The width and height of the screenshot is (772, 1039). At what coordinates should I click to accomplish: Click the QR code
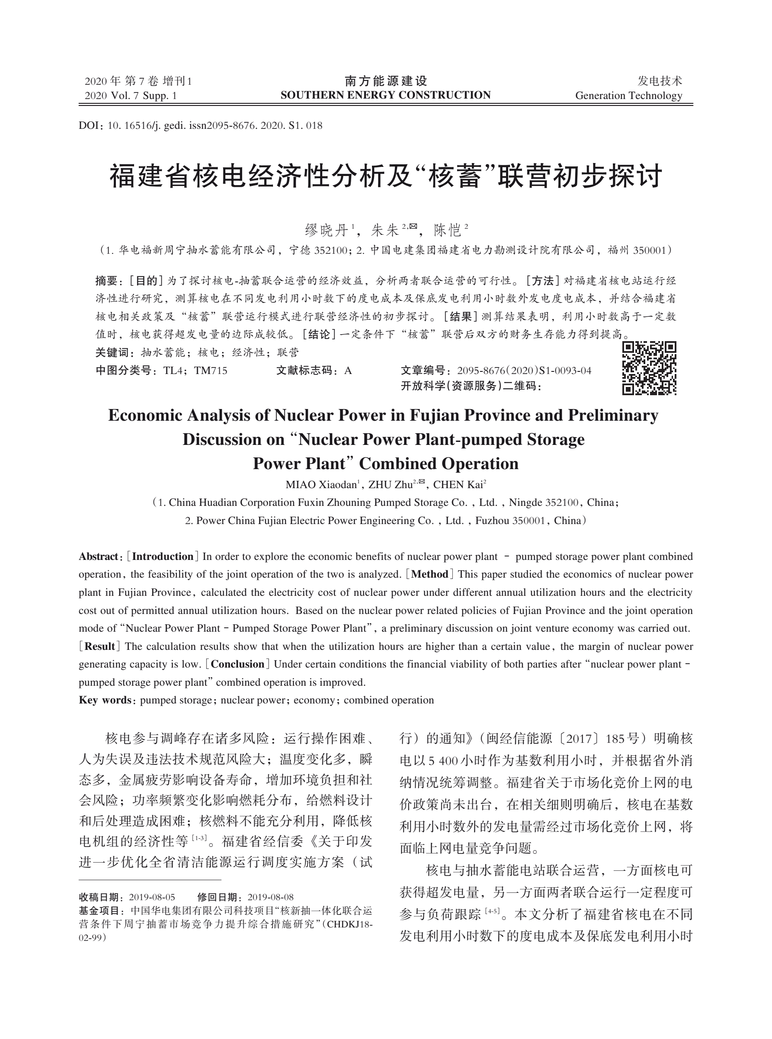pyautogui.click(x=649, y=368)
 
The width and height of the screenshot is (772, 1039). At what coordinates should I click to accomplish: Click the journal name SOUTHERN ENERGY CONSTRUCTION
pyautogui.click(x=385, y=95)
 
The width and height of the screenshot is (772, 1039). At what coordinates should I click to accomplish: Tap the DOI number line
pyautogui.click(x=201, y=126)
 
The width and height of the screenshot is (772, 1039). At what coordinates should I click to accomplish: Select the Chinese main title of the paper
pyautogui.click(x=385, y=176)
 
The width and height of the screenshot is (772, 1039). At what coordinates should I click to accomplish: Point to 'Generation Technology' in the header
pyautogui.click(x=628, y=96)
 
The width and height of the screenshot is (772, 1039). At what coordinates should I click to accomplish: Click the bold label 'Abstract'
pyautogui.click(x=98, y=556)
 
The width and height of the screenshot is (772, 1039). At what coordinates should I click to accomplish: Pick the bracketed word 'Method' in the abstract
pyautogui.click(x=429, y=574)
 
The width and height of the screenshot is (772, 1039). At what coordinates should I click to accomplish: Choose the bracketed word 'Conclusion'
pyautogui.click(x=237, y=664)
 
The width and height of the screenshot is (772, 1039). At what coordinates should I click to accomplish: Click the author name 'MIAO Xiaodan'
pyautogui.click(x=321, y=484)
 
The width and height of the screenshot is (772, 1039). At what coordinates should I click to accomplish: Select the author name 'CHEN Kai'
pyautogui.click(x=458, y=484)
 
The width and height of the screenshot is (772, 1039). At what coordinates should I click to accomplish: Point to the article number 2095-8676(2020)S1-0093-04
pyautogui.click(x=524, y=371)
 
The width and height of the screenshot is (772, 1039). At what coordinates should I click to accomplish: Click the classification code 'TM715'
pyautogui.click(x=210, y=371)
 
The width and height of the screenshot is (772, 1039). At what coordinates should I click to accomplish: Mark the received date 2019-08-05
pyautogui.click(x=152, y=897)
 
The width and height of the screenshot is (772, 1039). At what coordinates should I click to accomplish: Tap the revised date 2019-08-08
pyautogui.click(x=270, y=897)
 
